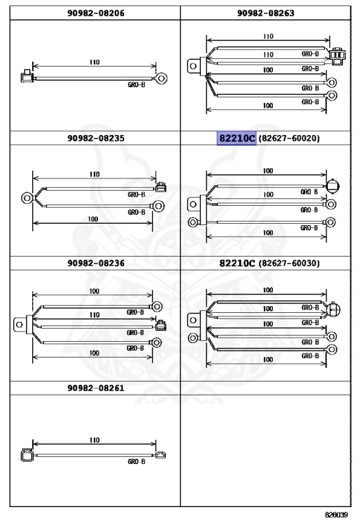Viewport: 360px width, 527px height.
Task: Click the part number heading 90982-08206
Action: (96, 13)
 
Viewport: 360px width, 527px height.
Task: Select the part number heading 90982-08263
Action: (265, 13)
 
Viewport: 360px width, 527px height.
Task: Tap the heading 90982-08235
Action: (96, 138)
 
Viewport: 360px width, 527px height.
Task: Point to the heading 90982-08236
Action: (96, 263)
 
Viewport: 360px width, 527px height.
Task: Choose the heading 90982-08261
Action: (96, 388)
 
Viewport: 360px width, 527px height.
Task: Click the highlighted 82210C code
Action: (237, 138)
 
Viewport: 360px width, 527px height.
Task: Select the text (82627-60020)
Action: (289, 138)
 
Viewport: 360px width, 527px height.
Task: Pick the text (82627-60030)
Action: (289, 263)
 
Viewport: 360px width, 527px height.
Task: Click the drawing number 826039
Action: (336, 515)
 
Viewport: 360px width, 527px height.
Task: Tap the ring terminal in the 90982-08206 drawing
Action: (161, 79)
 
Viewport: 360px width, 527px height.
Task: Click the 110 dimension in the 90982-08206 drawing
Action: (95, 62)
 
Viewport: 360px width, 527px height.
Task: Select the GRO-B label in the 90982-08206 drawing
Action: (136, 84)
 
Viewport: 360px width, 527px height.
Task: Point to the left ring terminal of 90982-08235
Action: (27, 198)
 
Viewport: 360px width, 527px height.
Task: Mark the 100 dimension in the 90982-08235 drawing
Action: (93, 219)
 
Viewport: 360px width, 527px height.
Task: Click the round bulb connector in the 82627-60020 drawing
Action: (333, 185)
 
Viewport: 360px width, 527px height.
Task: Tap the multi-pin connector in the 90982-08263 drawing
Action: (337, 56)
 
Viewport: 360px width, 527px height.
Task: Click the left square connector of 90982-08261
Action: (27, 455)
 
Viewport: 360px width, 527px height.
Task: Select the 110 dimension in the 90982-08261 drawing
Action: (95, 440)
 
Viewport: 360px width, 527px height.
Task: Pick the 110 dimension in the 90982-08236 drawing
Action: (95, 315)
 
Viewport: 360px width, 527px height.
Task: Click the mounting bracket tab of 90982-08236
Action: (20, 325)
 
